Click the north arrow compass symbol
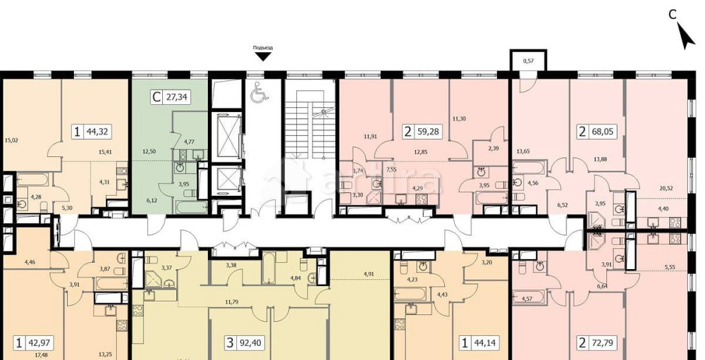[683, 36]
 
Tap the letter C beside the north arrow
[673, 13]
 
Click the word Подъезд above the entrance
[263, 48]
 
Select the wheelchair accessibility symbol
[257, 90]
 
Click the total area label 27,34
[177, 98]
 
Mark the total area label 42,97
[42, 343]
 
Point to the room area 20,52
[666, 187]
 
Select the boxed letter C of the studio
[156, 98]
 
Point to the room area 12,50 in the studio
[147, 151]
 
